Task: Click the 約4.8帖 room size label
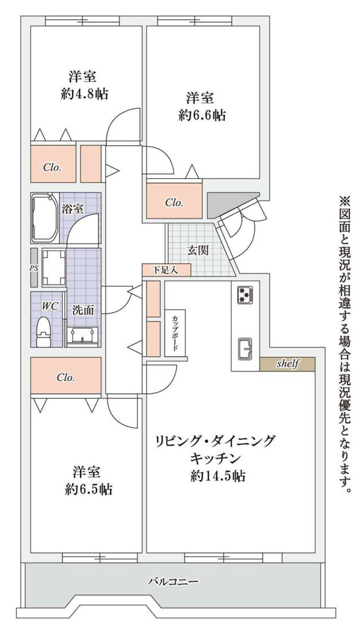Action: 85,94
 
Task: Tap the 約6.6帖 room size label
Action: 202,115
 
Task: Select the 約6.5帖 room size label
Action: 88,489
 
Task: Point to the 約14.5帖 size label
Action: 218,476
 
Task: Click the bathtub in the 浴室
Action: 44,218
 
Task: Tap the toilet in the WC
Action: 43,331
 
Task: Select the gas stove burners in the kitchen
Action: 244,294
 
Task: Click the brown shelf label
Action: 288,364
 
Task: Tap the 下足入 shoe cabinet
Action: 166,269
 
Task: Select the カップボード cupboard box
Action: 175,333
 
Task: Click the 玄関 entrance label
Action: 198,250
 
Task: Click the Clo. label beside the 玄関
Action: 174,203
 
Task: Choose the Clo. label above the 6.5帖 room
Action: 66,377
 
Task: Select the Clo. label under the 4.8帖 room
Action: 52,167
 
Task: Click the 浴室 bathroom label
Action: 72,209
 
